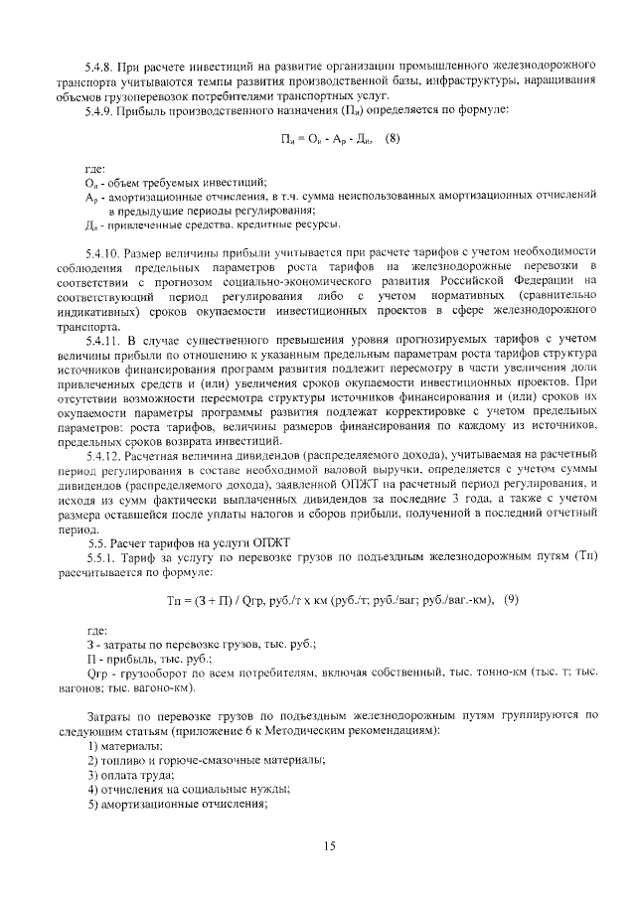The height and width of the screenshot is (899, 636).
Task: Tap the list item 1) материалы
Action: (123, 746)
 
